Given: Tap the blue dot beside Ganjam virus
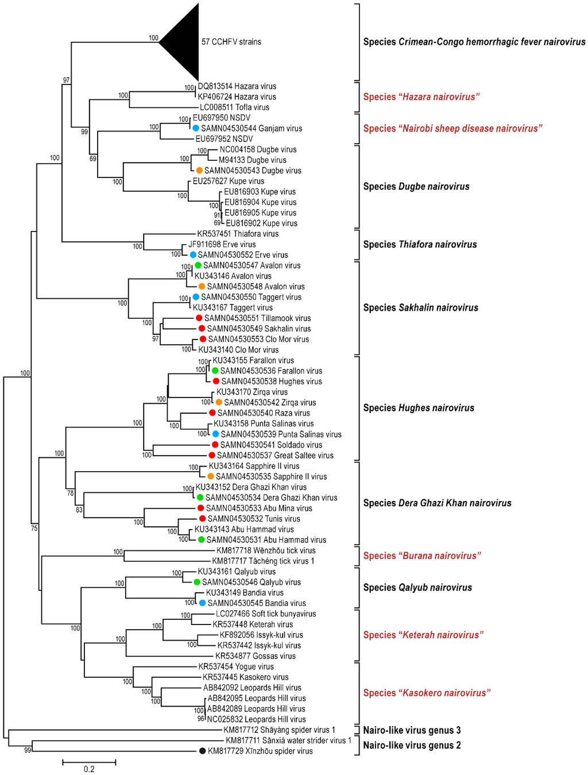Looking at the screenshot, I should point(196,128).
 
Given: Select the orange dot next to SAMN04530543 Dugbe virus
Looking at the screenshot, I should point(199,171).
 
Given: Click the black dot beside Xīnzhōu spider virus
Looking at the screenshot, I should point(202,751).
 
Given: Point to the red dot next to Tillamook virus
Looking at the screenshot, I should point(199,318).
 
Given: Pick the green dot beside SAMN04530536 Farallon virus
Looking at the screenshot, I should point(215,371).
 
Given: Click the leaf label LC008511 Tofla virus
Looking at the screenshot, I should point(234,107).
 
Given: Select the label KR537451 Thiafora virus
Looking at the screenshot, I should point(238,234).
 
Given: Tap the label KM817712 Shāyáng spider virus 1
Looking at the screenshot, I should point(279,730).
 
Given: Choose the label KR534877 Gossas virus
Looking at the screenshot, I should point(256,656).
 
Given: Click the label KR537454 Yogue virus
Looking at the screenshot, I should point(236,666).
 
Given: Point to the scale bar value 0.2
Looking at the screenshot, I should point(89,769).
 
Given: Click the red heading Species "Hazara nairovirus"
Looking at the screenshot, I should point(421,97).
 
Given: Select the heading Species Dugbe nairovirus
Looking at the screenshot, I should point(416,186).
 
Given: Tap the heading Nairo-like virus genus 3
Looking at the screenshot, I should point(412,730).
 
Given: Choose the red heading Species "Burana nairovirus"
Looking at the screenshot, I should point(422,556).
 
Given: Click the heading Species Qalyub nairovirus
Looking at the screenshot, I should point(417,587).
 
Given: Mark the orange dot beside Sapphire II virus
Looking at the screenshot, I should point(211,476).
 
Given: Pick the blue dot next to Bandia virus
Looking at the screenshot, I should point(202,603).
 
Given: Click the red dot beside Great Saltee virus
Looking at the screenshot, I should point(212,455).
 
